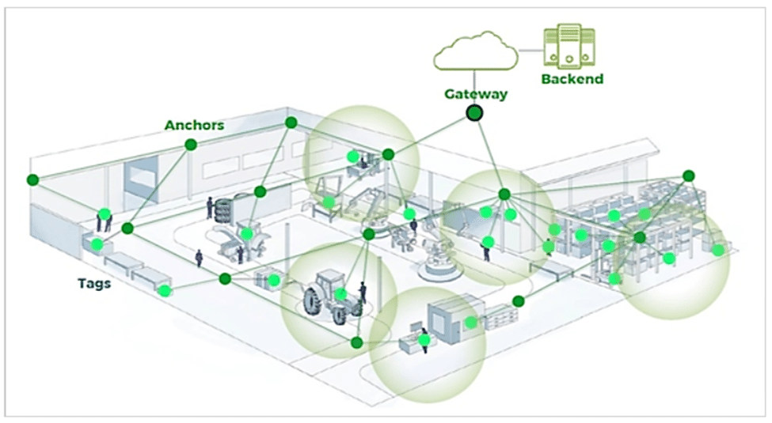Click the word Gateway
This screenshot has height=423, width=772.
click(475, 94)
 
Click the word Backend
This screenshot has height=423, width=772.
click(572, 79)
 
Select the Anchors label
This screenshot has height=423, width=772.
click(194, 125)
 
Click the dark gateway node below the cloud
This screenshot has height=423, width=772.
click(474, 114)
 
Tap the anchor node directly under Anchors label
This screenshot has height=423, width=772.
click(191, 144)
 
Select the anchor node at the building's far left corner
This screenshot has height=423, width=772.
click(32, 179)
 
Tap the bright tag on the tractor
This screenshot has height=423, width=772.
click(340, 294)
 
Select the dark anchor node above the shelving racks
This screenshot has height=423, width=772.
click(688, 175)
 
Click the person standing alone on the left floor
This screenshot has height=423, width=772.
click(200, 259)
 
